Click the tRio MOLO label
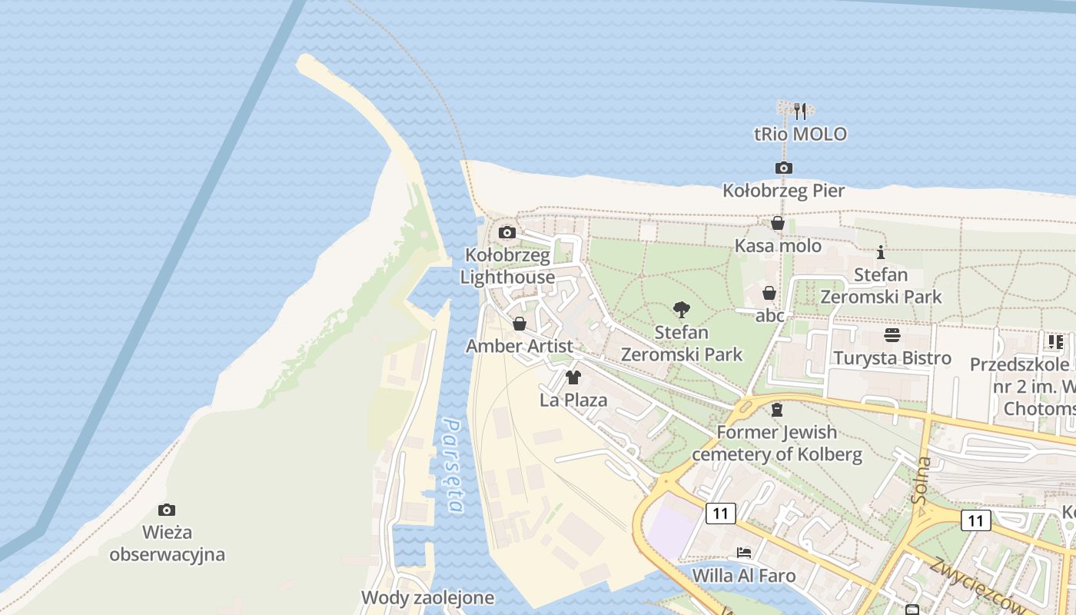click(800, 135)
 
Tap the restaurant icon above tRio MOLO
click(800, 111)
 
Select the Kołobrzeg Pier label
click(783, 191)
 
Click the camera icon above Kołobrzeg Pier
click(783, 168)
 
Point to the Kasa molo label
click(778, 246)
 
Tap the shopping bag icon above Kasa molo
click(778, 224)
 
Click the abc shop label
click(769, 315)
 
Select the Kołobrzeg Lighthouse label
click(507, 266)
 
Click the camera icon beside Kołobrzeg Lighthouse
click(507, 232)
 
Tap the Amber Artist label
click(520, 346)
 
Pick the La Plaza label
click(573, 400)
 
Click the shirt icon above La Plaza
click(573, 377)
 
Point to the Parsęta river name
click(453, 465)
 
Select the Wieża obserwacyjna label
click(167, 543)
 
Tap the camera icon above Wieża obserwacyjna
click(167, 510)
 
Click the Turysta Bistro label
click(892, 358)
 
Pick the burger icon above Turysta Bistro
click(892, 335)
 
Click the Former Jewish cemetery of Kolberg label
click(777, 444)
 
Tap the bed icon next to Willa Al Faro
click(743, 552)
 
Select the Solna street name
click(922, 480)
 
